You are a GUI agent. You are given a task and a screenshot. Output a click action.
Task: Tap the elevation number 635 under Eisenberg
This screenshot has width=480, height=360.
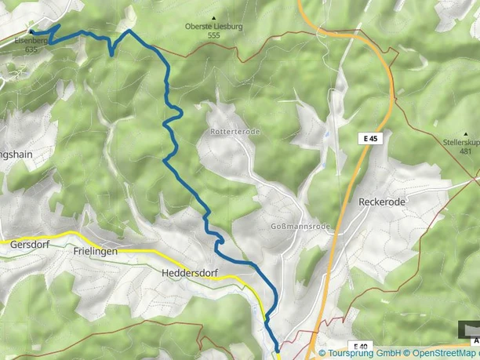tap(31, 49)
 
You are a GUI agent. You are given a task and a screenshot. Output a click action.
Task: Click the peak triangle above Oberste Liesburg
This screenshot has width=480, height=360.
tap(213, 17)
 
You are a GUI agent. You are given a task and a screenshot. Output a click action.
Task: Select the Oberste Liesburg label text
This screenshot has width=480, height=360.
tap(213, 26)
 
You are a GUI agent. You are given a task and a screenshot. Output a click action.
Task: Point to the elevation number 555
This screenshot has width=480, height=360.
tap(213, 35)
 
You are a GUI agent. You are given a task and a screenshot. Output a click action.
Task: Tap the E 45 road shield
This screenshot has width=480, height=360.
tap(372, 138)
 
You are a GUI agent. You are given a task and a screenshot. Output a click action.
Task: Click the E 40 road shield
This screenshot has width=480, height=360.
tap(361, 346)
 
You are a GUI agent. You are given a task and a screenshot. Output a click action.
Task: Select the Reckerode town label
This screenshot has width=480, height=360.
tap(382, 202)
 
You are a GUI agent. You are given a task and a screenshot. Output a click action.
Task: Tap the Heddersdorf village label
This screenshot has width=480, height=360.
tap(188, 273)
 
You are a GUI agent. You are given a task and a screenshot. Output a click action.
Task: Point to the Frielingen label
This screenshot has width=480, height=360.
tap(95, 251)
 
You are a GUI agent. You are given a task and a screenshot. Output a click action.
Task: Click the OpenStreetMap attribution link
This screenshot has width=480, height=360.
tap(438, 354)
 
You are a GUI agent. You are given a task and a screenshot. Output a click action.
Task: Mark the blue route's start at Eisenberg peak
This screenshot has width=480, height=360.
tap(32, 31)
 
